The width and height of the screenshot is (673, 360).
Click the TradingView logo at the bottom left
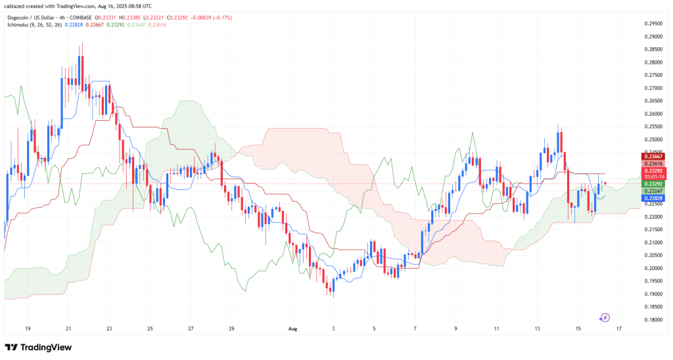(x=38, y=347)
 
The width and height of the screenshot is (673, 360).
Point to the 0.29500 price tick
(x=653, y=23)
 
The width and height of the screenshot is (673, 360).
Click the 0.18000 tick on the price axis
(x=653, y=319)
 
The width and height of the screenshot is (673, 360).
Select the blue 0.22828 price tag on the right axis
(x=653, y=198)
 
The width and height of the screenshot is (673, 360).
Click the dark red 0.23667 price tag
(x=653, y=156)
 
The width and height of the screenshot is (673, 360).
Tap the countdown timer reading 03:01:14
(x=653, y=177)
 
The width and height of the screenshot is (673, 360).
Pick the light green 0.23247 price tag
(x=653, y=191)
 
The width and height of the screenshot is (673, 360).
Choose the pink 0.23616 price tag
(x=653, y=163)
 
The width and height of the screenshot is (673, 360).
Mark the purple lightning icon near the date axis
(x=605, y=318)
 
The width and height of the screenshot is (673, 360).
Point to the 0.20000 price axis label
(x=653, y=268)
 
